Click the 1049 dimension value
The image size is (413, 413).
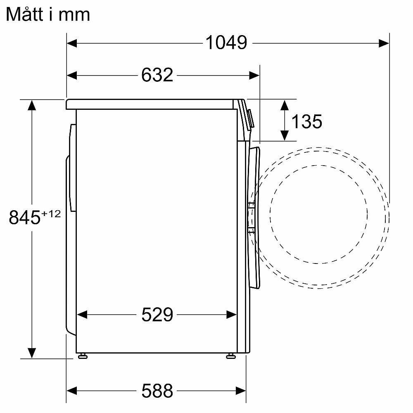point(226,43)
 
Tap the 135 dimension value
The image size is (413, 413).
point(306,121)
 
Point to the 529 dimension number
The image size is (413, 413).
point(157,315)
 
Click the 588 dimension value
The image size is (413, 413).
point(157,389)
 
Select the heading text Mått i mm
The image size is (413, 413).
point(48,14)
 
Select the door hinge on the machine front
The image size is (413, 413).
point(251,215)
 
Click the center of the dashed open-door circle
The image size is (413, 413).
point(319,214)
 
